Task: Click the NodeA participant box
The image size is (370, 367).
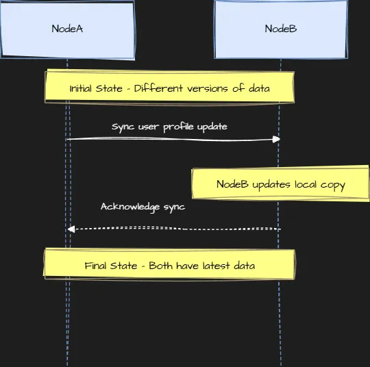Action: [x=68, y=29]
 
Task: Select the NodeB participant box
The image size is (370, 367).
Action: [x=281, y=29]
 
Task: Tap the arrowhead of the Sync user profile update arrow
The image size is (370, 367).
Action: [x=276, y=139]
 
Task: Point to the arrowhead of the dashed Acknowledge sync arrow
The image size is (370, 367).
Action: [x=71, y=229]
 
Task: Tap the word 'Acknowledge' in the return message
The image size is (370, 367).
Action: [x=130, y=207]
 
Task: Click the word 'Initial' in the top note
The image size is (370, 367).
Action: [x=80, y=88]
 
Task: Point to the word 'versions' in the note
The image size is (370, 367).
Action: [x=208, y=89]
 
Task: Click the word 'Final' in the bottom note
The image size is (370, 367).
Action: [x=95, y=266]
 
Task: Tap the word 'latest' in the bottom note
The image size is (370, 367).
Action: [x=216, y=266]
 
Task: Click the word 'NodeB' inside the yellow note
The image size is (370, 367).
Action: [x=232, y=184]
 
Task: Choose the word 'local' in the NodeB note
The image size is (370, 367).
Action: [x=306, y=184]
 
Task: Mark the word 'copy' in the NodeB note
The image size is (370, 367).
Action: [x=333, y=186]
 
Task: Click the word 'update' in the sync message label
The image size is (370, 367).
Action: [x=212, y=127]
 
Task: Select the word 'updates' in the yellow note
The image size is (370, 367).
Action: [x=271, y=185]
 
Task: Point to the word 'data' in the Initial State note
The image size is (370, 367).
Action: [x=259, y=88]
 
